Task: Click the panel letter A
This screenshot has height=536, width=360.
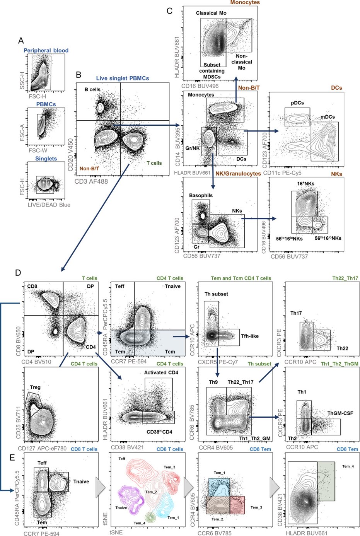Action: pyautogui.click(x=21, y=40)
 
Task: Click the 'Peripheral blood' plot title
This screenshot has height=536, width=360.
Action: pyautogui.click(x=46, y=50)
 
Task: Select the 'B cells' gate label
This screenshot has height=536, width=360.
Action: pyautogui.click(x=92, y=89)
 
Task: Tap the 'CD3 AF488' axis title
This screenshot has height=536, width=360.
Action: pyautogui.click(x=91, y=181)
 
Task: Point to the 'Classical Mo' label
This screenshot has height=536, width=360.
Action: pyautogui.click(x=211, y=13)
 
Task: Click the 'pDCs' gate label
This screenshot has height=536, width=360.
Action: pyautogui.click(x=297, y=103)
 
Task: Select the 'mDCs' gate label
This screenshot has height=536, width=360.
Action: pyautogui.click(x=328, y=117)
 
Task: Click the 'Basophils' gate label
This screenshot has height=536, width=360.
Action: pyautogui.click(x=201, y=195)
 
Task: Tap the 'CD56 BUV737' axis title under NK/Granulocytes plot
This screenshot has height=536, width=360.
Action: pyautogui.click(x=202, y=256)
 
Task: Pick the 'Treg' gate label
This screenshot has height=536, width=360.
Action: pyautogui.click(x=35, y=387)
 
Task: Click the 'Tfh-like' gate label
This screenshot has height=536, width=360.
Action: pyautogui.click(x=250, y=336)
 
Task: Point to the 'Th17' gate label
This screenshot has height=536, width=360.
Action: pyautogui.click(x=296, y=313)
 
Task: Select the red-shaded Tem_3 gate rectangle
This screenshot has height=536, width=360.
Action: pyautogui.click(x=237, y=505)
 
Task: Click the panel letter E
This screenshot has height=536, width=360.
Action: pyautogui.click(x=12, y=457)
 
